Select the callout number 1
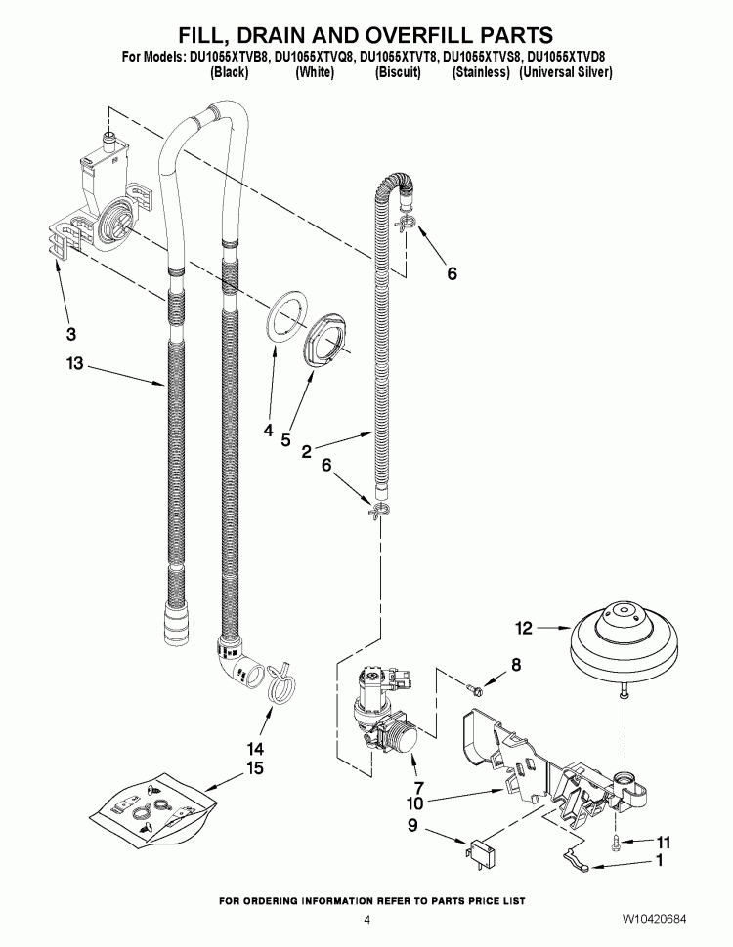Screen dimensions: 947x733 663,862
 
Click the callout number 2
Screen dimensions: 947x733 307,451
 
